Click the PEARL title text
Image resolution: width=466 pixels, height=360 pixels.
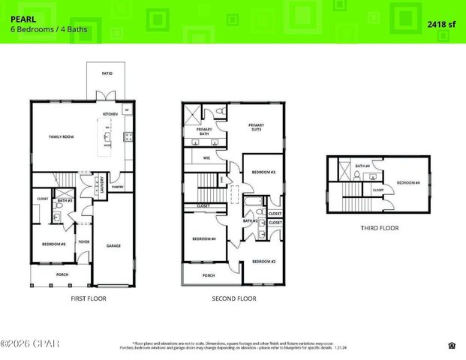coord(22,12)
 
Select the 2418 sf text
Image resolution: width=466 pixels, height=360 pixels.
coord(441,24)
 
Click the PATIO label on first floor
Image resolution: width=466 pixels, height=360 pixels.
coord(107,74)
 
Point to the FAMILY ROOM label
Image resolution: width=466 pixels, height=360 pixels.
coord(61,137)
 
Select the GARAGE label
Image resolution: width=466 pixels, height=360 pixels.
coord(113,245)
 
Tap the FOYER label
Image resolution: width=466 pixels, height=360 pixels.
coord(84,241)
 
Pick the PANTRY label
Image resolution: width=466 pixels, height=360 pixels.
coord(117,186)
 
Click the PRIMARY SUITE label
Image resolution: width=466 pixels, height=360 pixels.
coord(257,127)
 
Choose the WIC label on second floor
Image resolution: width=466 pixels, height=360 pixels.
coord(206,157)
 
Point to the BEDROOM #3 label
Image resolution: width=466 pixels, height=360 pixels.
coord(263,172)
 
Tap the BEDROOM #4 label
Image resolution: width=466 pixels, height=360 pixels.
coord(204,238)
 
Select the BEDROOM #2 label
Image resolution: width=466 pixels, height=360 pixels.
coord(263,261)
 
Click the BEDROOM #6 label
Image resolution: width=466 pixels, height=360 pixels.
coord(407,182)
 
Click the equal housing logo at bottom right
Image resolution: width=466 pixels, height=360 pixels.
coord(452,345)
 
